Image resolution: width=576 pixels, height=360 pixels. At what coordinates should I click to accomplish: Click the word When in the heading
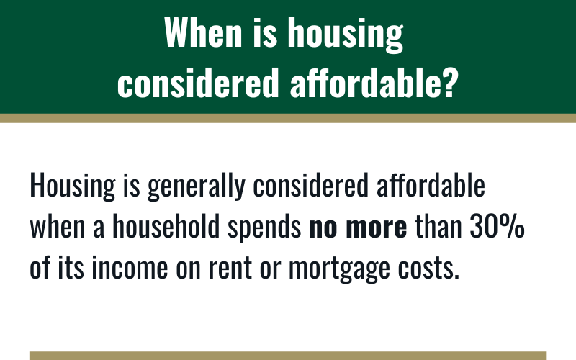tap(203, 32)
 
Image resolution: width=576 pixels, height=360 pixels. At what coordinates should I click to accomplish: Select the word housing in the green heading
tap(346, 35)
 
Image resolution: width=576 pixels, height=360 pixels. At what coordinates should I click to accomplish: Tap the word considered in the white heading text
tap(198, 82)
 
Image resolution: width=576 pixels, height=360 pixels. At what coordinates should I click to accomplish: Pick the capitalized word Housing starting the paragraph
tap(73, 186)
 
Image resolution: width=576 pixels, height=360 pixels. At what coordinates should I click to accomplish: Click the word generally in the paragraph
tap(196, 186)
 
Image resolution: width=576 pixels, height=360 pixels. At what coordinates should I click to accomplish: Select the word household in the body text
tap(166, 226)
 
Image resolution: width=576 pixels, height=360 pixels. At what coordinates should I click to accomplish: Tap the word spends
tap(264, 228)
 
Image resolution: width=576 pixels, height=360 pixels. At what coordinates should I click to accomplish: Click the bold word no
tap(323, 228)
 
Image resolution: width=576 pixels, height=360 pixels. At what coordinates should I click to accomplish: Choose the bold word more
tap(377, 228)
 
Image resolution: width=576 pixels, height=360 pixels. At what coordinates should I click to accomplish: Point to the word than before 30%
tap(438, 226)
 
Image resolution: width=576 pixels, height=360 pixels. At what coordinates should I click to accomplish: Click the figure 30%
tap(497, 226)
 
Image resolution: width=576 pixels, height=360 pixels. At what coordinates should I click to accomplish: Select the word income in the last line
tap(130, 267)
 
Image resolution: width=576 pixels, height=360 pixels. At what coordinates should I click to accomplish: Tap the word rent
tap(230, 269)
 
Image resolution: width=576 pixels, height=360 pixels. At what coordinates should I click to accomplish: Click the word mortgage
tap(339, 269)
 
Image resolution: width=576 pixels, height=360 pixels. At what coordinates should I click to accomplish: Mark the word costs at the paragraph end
tap(428, 269)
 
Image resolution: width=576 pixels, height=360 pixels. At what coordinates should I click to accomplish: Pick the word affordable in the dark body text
tap(431, 185)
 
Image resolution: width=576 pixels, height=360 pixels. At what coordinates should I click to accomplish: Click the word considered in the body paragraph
tap(310, 185)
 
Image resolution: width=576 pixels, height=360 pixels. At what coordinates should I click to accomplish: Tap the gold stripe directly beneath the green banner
tap(288, 118)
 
